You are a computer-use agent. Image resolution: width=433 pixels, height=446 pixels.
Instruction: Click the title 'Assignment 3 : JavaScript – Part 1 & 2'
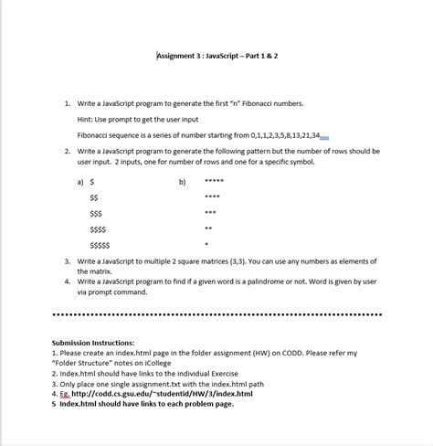(x=217, y=56)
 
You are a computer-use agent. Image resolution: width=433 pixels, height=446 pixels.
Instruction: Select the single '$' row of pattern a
(x=92, y=182)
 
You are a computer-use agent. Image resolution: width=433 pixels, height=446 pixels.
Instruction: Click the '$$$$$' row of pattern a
(x=100, y=245)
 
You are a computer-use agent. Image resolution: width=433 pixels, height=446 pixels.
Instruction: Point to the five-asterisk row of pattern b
(x=214, y=182)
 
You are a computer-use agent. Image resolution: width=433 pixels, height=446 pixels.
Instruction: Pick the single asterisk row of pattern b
(x=206, y=245)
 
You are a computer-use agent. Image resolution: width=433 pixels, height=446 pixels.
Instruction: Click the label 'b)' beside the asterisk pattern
(x=182, y=182)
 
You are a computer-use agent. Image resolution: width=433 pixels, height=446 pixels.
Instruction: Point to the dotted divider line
(x=216, y=317)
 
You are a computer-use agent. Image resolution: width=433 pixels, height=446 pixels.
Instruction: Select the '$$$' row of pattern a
(x=96, y=213)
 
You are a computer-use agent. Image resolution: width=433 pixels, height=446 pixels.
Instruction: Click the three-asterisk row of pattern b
(x=210, y=213)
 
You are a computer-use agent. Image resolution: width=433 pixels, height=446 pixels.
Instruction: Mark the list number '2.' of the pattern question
(x=68, y=151)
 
